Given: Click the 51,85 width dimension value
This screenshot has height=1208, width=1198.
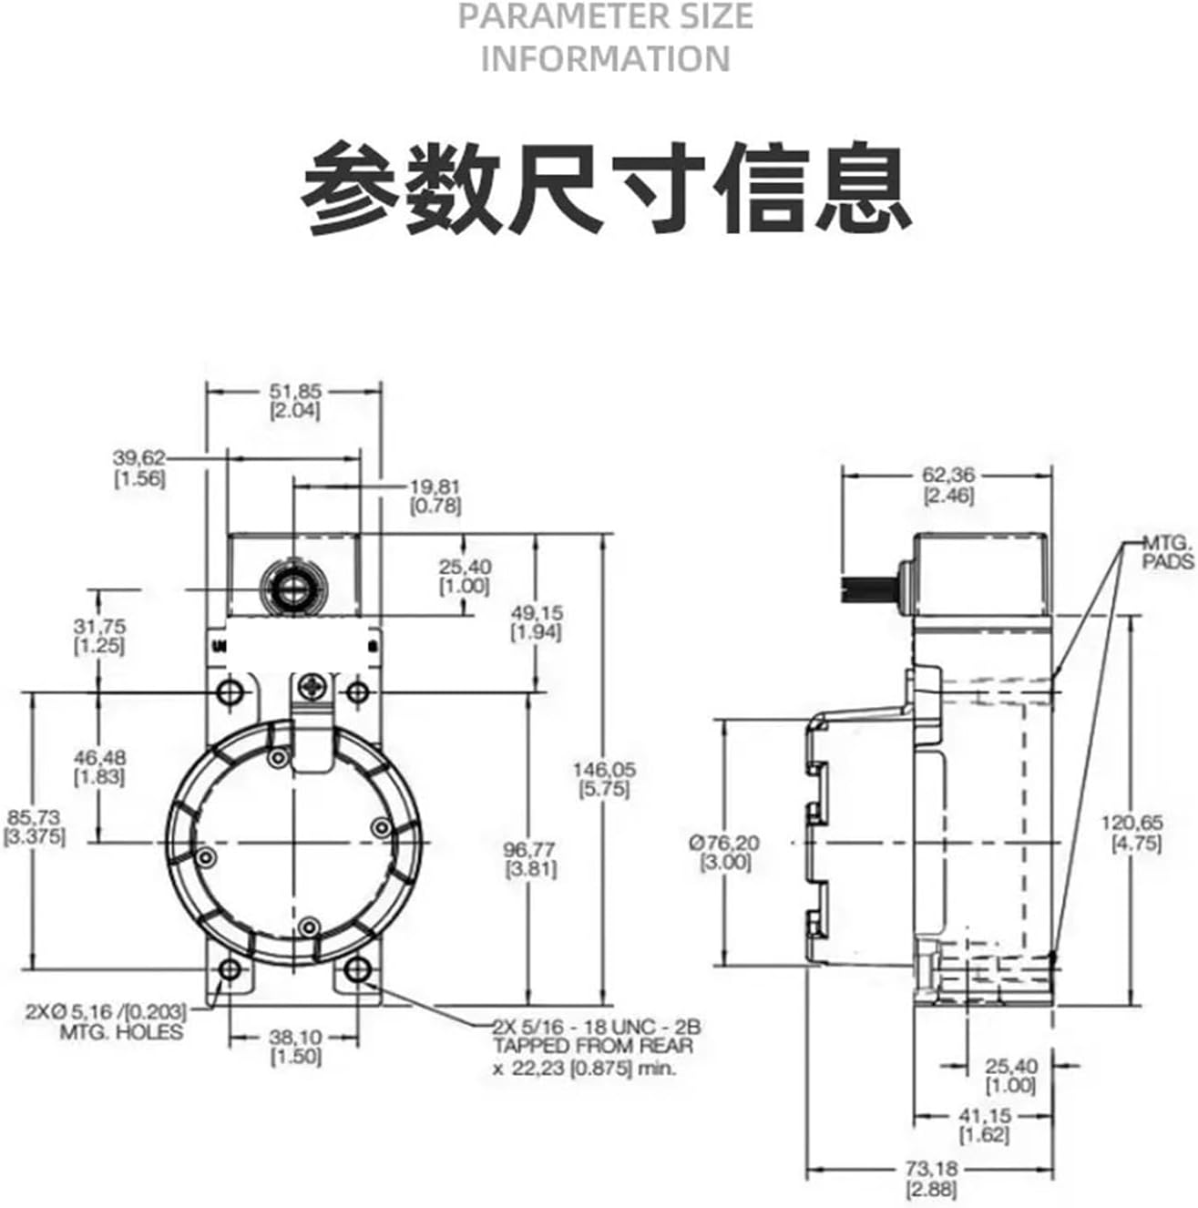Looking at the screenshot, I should click(294, 391).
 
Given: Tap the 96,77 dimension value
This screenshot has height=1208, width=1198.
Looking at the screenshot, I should click(531, 849).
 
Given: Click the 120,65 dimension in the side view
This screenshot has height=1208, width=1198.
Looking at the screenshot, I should click(1133, 824).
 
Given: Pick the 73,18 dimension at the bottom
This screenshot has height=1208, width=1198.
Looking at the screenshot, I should click(931, 1168).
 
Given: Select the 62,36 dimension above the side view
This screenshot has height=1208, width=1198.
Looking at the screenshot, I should click(947, 475).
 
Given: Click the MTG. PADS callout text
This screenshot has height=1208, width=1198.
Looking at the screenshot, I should click(1168, 552).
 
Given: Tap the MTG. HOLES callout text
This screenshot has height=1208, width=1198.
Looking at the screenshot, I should click(121, 1031).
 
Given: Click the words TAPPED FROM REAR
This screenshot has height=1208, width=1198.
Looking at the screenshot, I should click(592, 1045).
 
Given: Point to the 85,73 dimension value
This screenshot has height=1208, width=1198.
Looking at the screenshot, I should click(34, 817).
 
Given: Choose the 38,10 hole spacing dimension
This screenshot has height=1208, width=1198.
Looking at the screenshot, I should click(296, 1037).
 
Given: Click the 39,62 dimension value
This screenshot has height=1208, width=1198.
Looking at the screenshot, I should click(139, 457).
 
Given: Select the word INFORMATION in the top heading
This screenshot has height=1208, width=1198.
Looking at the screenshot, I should click(606, 59).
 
